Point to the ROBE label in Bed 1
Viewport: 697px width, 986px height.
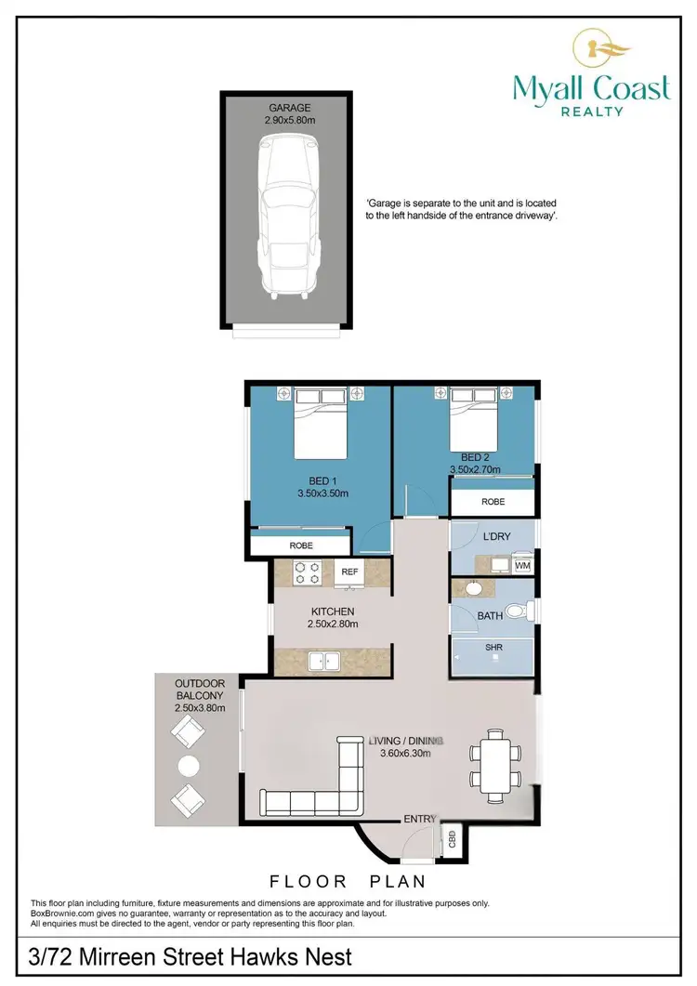[300, 546]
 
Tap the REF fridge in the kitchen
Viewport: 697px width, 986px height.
[350, 572]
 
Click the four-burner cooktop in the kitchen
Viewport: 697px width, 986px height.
[308, 573]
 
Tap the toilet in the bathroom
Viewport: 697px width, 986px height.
[527, 611]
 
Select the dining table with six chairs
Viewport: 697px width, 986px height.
[490, 765]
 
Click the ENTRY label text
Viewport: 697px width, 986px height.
[419, 819]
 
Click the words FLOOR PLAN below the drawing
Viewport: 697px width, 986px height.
[348, 881]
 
